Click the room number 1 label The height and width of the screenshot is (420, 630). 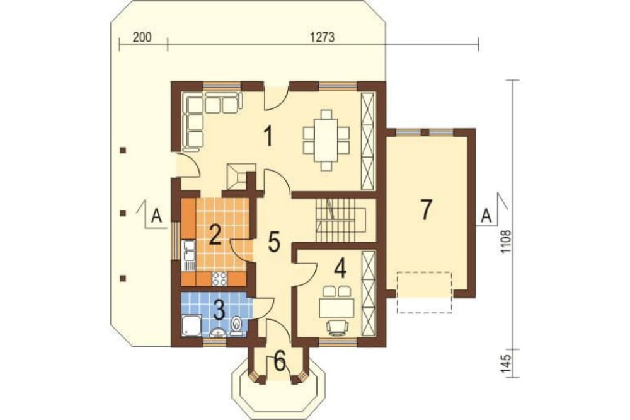coord(269,136)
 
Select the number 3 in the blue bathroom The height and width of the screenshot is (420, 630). coord(219,310)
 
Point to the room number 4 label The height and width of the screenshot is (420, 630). coord(341,269)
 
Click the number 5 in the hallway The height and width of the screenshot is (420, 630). coord(274,242)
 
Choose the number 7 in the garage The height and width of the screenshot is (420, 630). coord(426,209)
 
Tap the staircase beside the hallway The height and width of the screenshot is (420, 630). coord(340,220)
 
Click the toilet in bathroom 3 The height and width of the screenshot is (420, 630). coord(236,325)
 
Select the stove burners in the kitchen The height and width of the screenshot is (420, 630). coord(219,278)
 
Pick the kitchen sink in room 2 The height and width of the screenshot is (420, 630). coord(188,255)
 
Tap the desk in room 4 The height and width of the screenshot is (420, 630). coord(336,308)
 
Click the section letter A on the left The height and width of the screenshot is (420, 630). coord(156,216)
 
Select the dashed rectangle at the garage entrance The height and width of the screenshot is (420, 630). coord(425,293)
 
